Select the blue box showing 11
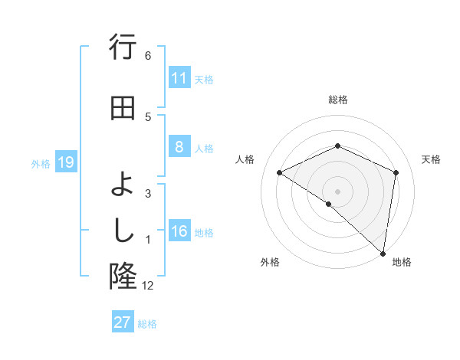coord(179,78)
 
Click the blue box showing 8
coord(179,147)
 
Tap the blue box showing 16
coord(179,232)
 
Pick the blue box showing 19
coord(65,162)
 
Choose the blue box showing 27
coord(123,322)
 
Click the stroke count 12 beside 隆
coord(147,286)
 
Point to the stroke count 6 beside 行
coord(148,56)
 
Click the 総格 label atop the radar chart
coord(337,100)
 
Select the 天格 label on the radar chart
coord(431,159)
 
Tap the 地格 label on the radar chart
coord(402,263)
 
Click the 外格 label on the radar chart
coord(270,263)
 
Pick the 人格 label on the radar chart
coord(245,159)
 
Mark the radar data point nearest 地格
coord(383,254)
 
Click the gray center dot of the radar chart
coord(337,191)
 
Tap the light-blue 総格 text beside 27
coord(147,324)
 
